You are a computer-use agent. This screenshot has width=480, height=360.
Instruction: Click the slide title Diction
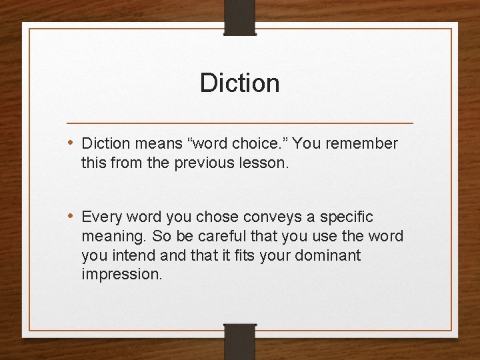(x=239, y=83)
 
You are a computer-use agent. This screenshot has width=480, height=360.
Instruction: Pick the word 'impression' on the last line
(x=121, y=275)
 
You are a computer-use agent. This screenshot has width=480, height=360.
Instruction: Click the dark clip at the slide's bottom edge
(x=240, y=341)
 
